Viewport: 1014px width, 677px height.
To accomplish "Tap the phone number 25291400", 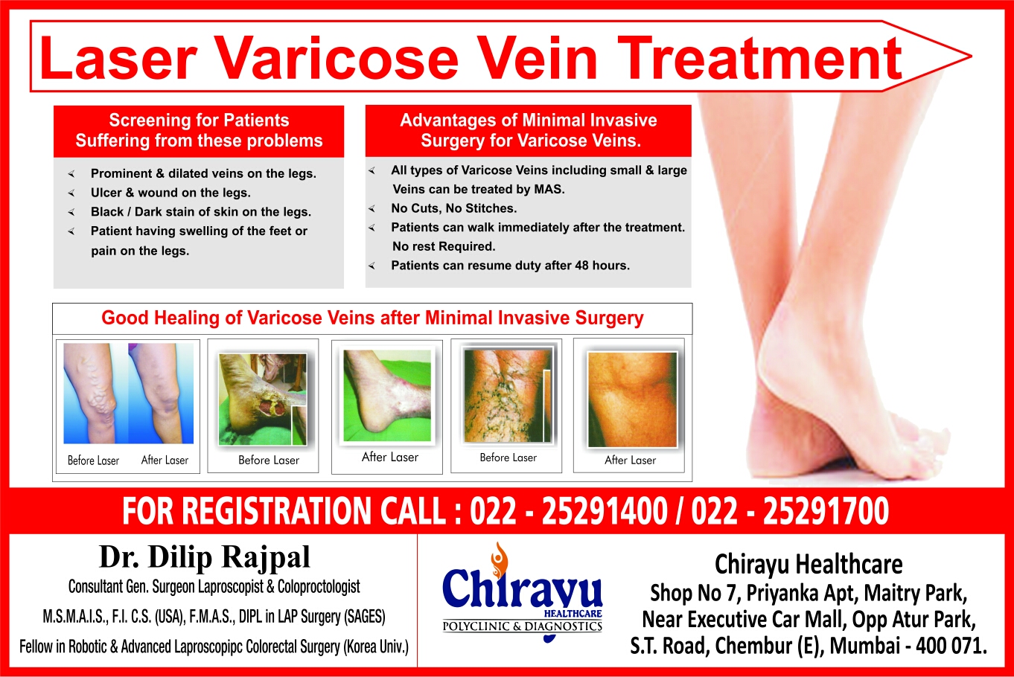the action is (605, 511).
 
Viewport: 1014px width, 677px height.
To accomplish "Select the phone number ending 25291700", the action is (826, 511).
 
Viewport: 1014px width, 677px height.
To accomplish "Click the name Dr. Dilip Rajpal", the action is (205, 557).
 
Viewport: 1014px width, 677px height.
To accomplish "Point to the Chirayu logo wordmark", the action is (523, 587).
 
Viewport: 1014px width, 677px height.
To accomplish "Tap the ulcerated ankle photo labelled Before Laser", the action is (263, 400).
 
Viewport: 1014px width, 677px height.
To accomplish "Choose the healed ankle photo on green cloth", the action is (386, 396).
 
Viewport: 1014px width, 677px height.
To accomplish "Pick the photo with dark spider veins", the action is (508, 395).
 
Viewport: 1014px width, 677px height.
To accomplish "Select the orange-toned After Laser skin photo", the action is (632, 400).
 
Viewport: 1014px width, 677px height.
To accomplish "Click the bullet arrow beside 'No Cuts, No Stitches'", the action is (372, 208).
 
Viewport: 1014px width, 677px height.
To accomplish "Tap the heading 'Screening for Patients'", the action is (199, 121).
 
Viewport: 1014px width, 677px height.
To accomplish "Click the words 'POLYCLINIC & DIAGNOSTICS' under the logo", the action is (523, 626).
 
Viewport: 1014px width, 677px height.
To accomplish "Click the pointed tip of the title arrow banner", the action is (970, 56).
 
